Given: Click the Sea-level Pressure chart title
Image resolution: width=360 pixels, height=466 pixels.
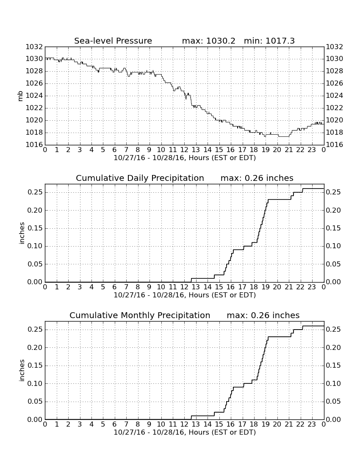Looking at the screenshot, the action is tap(113, 41).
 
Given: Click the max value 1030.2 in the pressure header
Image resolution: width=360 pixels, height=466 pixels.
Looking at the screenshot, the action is tap(220, 41).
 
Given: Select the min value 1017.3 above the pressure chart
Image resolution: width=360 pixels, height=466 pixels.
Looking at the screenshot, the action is tap(280, 41).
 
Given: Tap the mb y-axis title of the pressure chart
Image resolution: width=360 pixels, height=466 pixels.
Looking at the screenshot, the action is tap(20, 96).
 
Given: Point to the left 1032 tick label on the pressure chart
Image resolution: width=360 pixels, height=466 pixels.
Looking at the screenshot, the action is tap(34, 47).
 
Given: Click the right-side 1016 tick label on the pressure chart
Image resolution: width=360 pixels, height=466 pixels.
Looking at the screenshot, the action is tap(335, 145).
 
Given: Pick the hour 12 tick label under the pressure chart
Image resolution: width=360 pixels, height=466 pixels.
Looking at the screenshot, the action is tap(184, 150).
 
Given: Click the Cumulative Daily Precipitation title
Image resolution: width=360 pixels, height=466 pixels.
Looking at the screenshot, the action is tap(140, 178).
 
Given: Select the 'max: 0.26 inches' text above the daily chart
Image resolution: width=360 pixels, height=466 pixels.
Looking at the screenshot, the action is tap(257, 178).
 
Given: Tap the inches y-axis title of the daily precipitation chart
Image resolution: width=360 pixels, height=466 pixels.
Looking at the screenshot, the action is tap(21, 233).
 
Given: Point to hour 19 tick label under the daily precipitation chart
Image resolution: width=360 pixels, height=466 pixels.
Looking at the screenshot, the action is tap(266, 287).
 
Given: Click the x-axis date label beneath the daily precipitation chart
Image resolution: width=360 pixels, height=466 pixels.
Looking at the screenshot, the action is tap(185, 295).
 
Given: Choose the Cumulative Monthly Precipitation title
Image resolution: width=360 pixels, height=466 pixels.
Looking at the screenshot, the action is tap(140, 315).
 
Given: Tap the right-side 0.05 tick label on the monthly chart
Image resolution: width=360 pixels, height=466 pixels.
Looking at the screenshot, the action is tap(333, 402).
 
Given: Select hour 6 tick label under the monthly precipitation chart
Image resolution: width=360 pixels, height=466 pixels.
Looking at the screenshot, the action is tap(115, 424).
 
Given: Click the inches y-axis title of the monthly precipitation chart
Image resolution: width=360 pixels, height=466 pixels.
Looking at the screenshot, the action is tap(21, 370).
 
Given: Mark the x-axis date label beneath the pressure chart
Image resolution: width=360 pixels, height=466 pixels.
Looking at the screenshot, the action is tap(185, 158).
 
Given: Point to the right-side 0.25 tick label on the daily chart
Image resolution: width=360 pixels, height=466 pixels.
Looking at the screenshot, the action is tap(333, 192).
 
